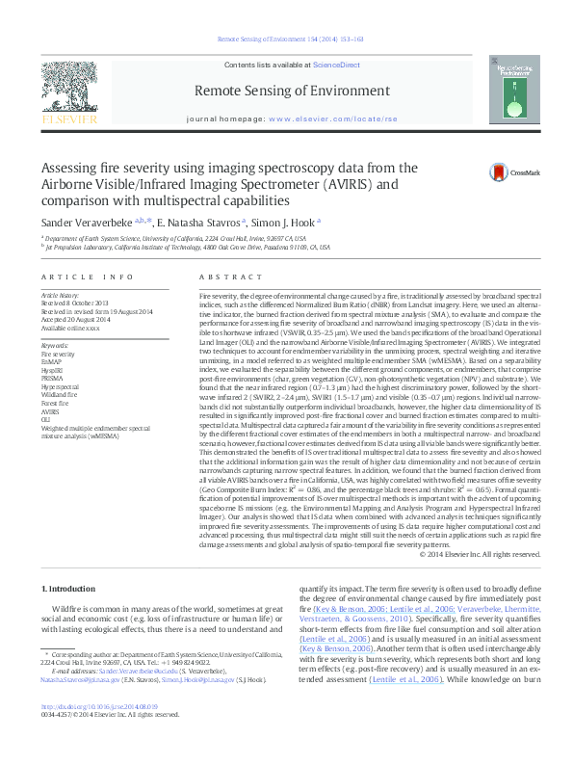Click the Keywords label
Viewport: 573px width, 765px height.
[55, 344]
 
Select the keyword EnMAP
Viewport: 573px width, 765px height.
[53, 361]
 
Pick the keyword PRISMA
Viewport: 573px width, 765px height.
[54, 377]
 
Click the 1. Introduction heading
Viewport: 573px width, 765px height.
[69, 588]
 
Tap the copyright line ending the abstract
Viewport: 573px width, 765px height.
[482, 554]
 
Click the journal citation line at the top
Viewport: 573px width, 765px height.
[286, 40]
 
